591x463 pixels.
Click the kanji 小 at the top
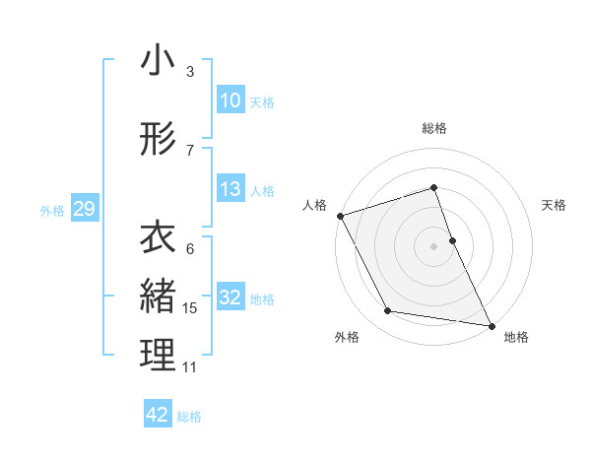coord(158,61)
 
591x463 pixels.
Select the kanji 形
coord(158,141)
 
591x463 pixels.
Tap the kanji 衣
coord(158,239)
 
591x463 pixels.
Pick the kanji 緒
coord(158,297)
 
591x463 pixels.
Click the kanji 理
coord(158,356)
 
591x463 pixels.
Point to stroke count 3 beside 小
coord(190,72)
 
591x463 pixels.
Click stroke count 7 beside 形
coord(190,150)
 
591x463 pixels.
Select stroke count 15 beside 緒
coord(190,308)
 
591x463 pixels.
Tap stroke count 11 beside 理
coord(190,367)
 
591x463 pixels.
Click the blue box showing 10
coord(230,100)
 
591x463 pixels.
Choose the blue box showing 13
coord(230,189)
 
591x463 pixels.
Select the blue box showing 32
coord(230,298)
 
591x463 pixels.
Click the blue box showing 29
coord(84,209)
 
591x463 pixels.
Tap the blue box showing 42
coord(158,415)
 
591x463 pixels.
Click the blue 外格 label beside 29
coord(52,210)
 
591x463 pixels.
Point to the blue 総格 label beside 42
coord(189,417)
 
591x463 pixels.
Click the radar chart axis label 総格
coord(434,128)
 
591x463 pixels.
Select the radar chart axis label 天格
coord(555,205)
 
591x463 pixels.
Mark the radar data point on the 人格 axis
coord(340,216)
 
